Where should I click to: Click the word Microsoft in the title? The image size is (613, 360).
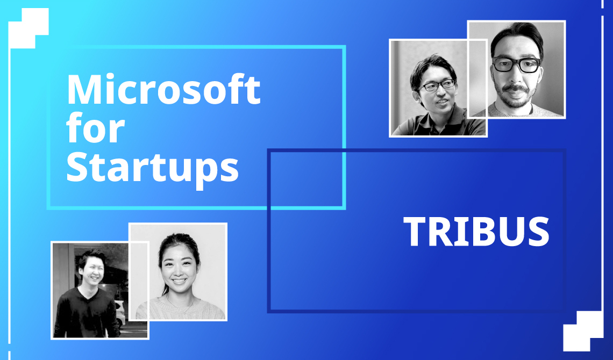pyautogui.click(x=164, y=89)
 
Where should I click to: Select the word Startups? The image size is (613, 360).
pyautogui.click(x=153, y=168)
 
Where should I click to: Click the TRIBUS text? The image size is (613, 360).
pyautogui.click(x=476, y=232)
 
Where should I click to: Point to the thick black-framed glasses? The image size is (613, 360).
pyautogui.click(x=516, y=64)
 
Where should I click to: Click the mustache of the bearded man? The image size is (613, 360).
pyautogui.click(x=515, y=88)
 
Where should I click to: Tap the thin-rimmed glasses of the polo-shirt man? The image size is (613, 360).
pyautogui.click(x=437, y=85)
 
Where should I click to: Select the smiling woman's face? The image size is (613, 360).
pyautogui.click(x=179, y=265)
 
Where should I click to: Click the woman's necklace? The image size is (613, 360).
pyautogui.click(x=180, y=306)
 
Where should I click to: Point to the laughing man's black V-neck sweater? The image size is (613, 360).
pyautogui.click(x=87, y=313)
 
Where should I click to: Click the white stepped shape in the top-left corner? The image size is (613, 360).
pyautogui.click(x=28, y=28)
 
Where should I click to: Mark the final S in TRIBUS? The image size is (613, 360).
pyautogui.click(x=537, y=232)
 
